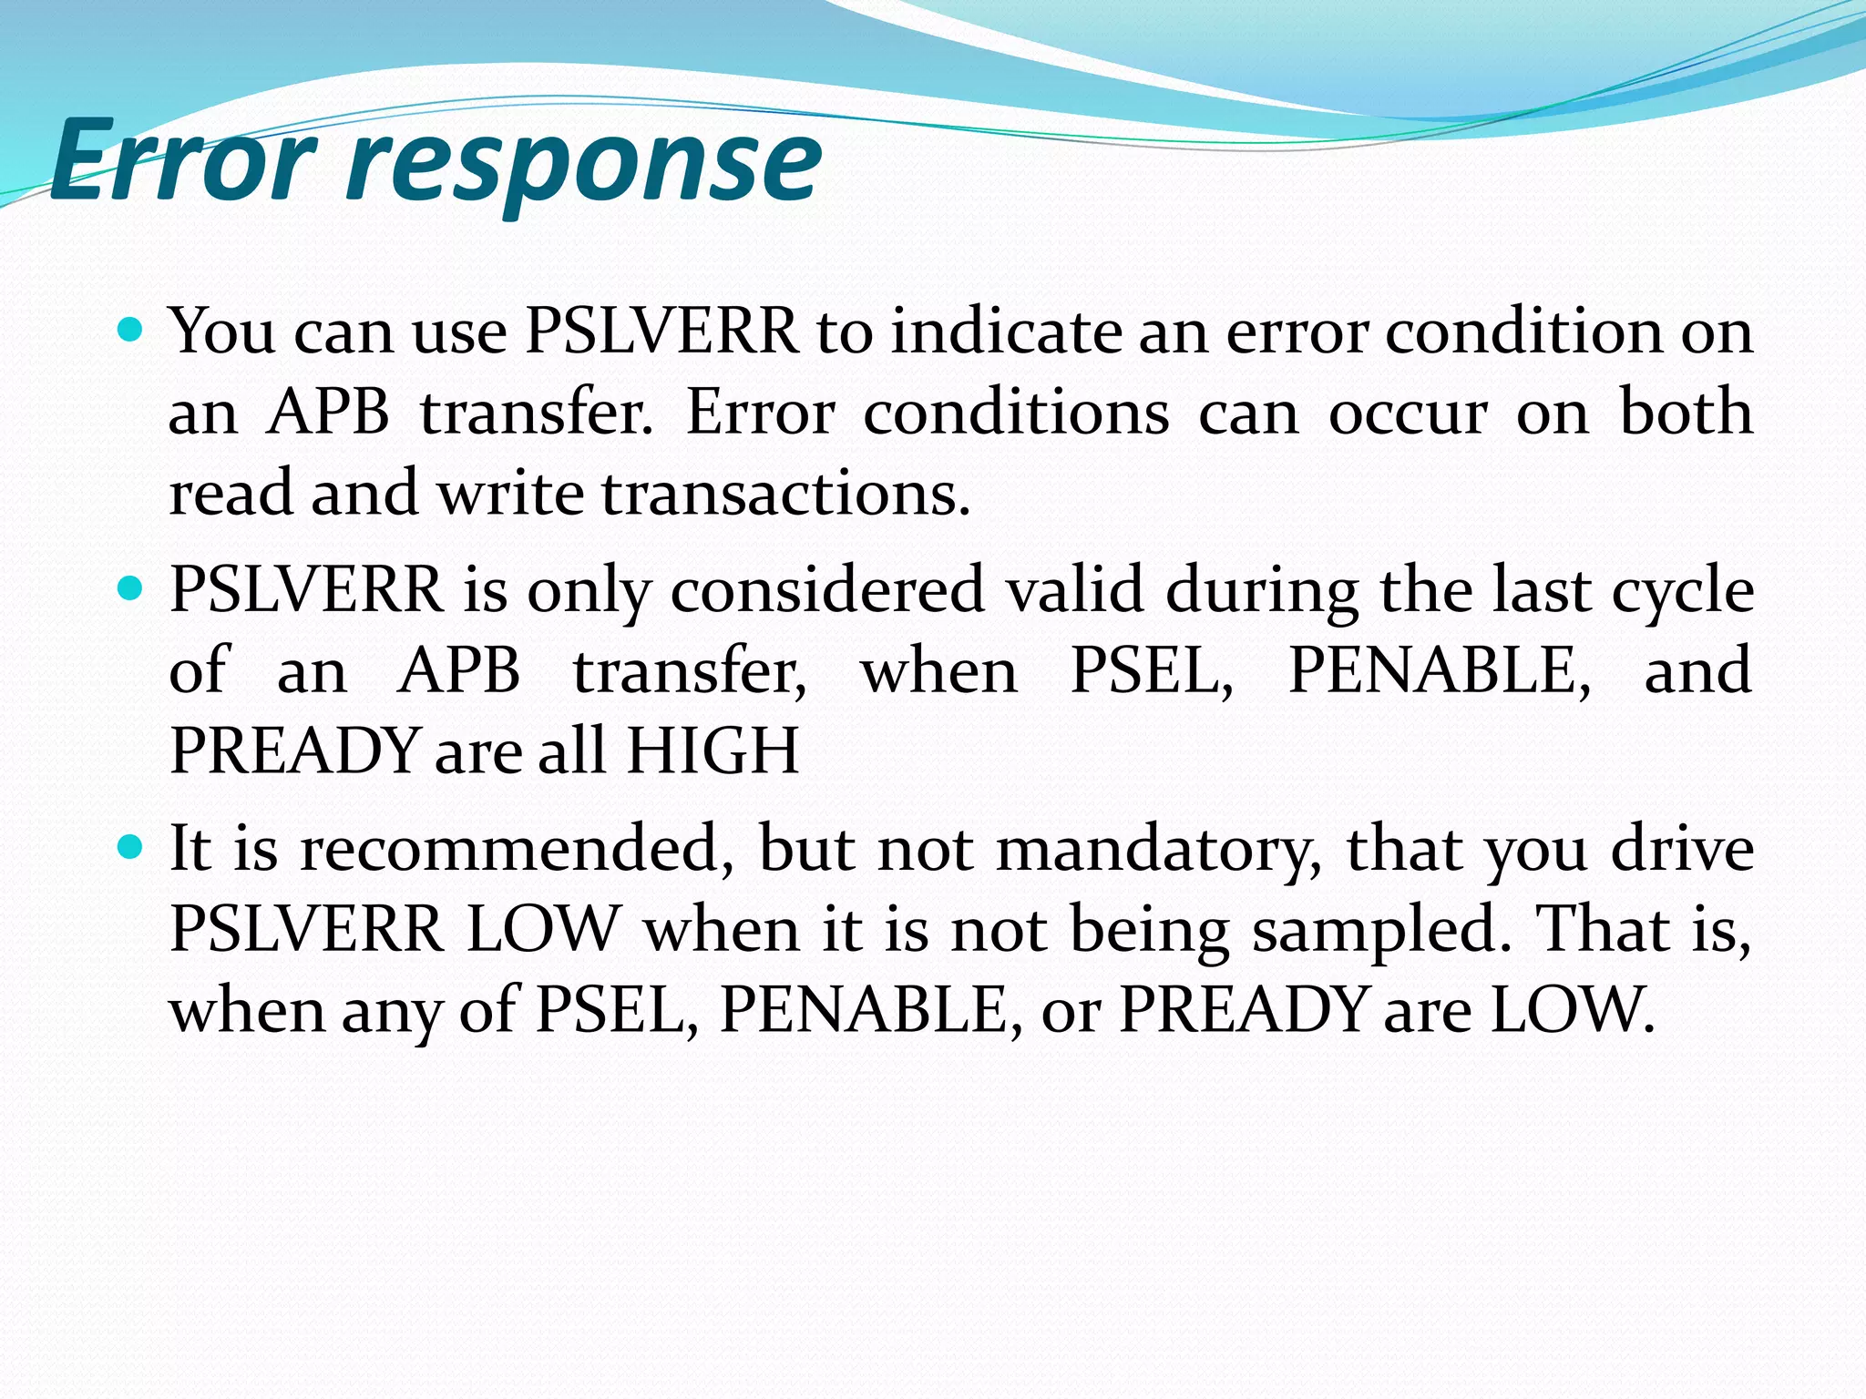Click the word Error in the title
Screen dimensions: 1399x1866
click(182, 161)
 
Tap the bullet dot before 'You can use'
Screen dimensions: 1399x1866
click(131, 330)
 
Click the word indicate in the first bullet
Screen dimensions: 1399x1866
click(1006, 332)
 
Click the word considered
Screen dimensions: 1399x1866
click(827, 590)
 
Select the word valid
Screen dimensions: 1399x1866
click(1074, 590)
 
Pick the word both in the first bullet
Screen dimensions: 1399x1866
click(1686, 413)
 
